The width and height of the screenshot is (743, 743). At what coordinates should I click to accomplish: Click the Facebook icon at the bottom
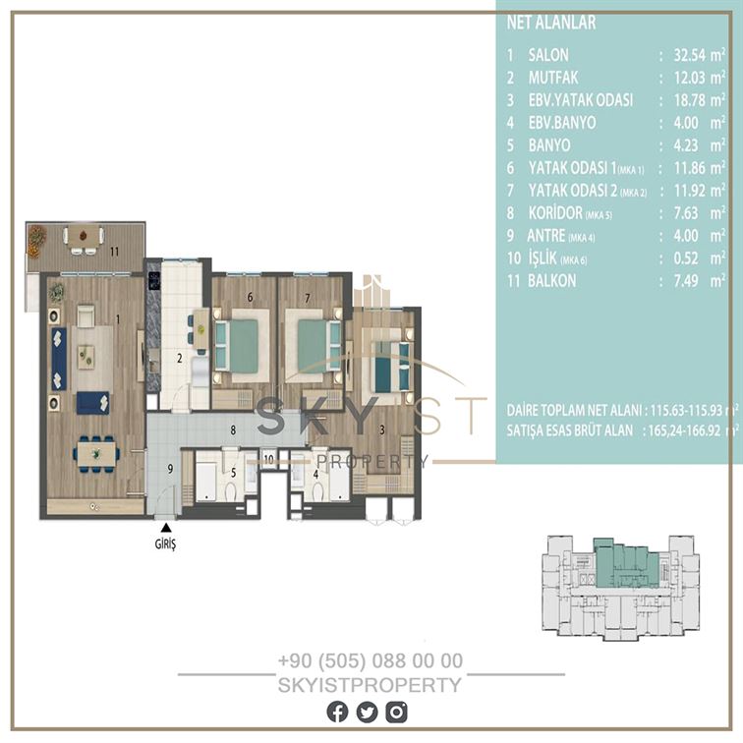tap(337, 713)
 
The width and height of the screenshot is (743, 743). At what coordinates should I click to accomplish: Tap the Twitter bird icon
tap(367, 713)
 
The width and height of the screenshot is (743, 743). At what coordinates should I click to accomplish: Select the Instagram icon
tap(396, 713)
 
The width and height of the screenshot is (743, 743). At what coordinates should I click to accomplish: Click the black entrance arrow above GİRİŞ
tap(165, 528)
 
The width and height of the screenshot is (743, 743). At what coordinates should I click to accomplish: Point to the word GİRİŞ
tap(165, 544)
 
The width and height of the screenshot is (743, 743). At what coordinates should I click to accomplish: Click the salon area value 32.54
tap(690, 55)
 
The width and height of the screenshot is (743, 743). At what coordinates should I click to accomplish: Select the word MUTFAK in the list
tap(553, 78)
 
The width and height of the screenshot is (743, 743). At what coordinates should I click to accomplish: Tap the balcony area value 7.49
tap(686, 281)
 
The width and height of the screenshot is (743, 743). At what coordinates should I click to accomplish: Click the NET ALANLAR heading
tap(551, 23)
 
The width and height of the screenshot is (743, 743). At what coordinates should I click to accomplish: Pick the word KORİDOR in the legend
tap(555, 213)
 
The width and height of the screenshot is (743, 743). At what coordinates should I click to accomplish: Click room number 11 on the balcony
tap(114, 252)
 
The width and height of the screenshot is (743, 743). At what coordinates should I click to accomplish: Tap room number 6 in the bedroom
tap(250, 297)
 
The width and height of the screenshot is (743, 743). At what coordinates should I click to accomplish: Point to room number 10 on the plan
tap(268, 459)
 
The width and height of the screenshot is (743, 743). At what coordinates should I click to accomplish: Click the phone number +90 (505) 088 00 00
tap(371, 660)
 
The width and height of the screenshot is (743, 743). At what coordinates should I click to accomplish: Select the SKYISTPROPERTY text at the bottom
tap(370, 685)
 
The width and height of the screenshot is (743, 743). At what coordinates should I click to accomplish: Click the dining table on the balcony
tap(84, 235)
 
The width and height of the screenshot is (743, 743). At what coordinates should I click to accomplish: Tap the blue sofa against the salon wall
tap(59, 359)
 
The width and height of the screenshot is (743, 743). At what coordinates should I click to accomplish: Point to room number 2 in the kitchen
tap(180, 358)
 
